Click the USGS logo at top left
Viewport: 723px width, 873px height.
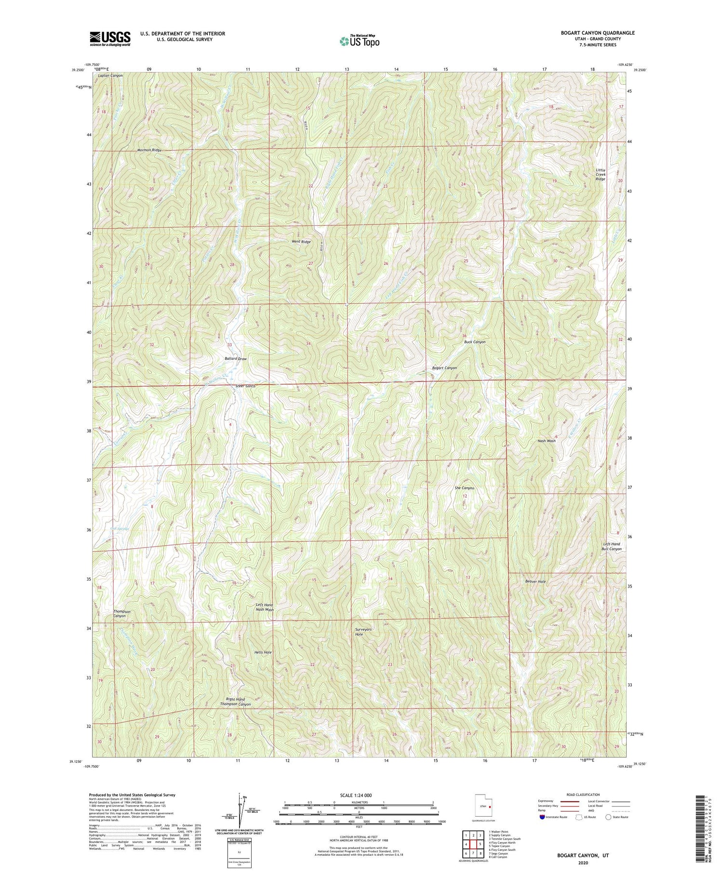point(110,39)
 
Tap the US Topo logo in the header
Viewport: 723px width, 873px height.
point(359,41)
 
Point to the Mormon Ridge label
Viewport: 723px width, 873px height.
point(149,150)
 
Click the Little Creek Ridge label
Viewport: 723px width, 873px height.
point(600,175)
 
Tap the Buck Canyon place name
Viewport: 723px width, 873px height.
point(475,342)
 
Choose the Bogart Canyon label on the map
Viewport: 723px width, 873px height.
point(444,368)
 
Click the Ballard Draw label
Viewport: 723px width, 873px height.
point(236,359)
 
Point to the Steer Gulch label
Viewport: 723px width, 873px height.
point(245,386)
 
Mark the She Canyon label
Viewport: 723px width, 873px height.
point(464,488)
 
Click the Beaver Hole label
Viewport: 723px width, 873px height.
point(535,582)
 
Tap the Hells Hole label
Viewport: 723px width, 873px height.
point(263,652)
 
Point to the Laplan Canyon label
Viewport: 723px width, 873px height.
point(110,76)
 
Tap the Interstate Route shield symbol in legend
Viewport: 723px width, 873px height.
point(542,817)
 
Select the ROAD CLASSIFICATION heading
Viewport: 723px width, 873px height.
point(583,795)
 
